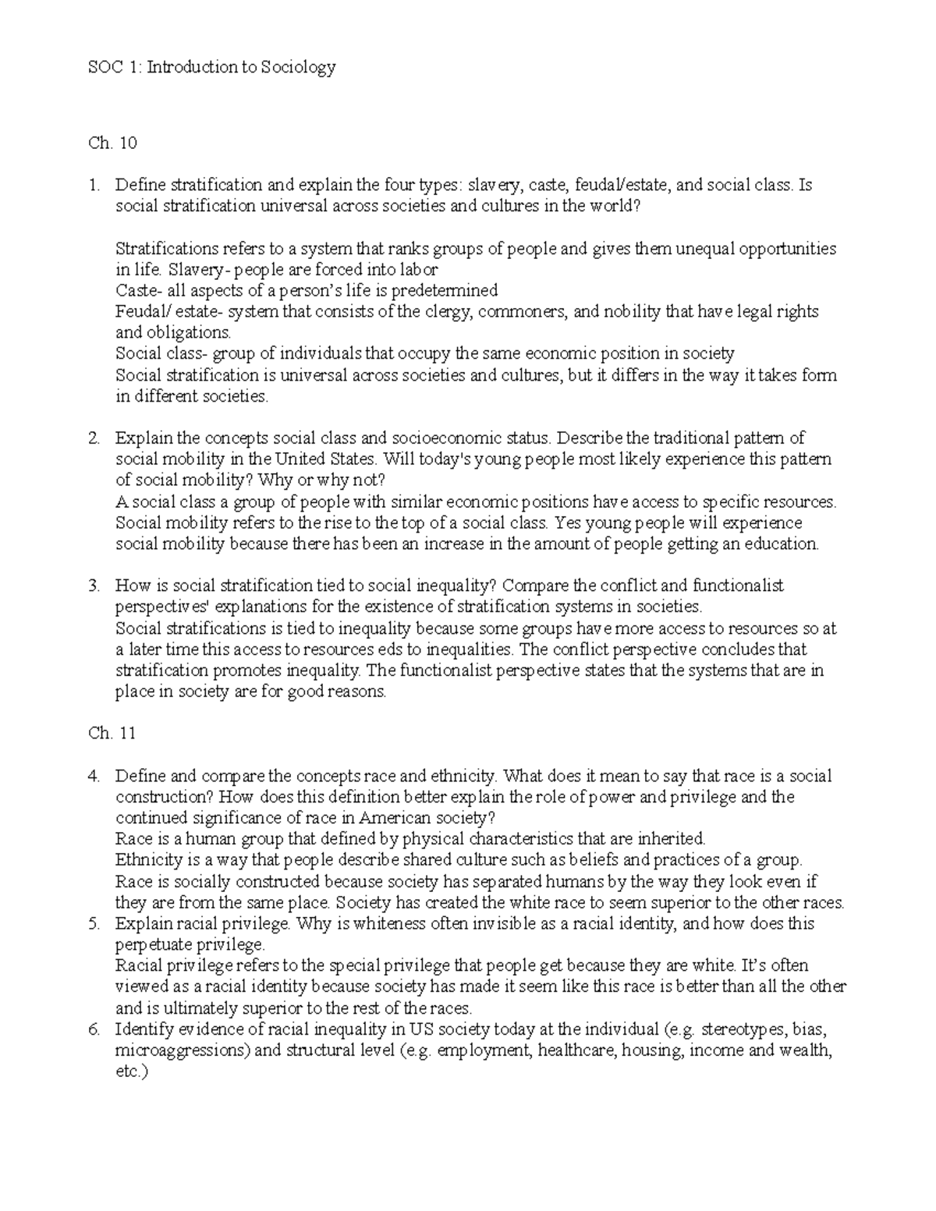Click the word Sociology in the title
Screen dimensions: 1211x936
[297, 68]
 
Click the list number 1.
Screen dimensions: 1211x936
[94, 186]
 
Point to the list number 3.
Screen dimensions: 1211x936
[94, 586]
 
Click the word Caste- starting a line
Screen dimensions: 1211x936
[139, 291]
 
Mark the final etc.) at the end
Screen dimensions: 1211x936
[130, 1071]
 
